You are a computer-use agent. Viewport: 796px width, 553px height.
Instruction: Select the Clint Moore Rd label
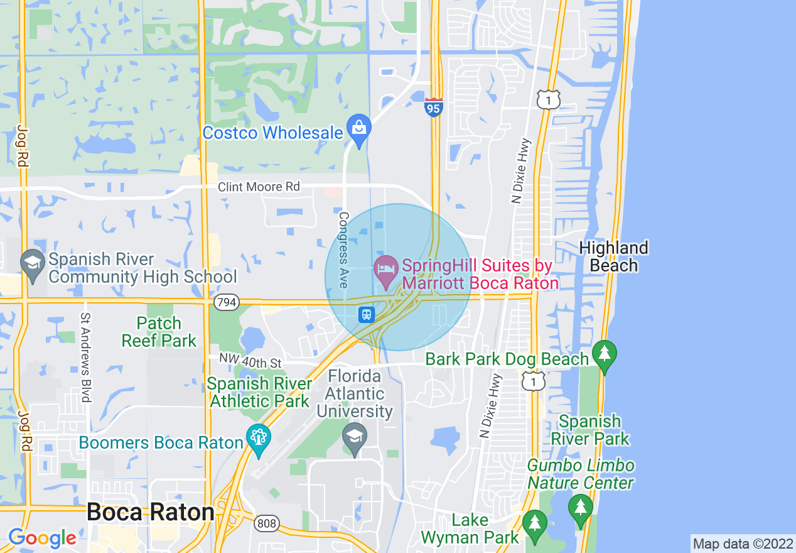click(259, 187)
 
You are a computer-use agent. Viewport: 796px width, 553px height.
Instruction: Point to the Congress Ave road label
click(343, 249)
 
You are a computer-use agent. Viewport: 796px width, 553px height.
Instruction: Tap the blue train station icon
click(366, 314)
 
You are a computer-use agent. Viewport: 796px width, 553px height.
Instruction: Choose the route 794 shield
click(226, 303)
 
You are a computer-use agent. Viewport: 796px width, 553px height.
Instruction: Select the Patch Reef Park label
click(160, 332)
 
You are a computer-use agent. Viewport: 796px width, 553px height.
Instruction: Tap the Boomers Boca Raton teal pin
click(258, 438)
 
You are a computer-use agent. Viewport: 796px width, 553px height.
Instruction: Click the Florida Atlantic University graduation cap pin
click(355, 434)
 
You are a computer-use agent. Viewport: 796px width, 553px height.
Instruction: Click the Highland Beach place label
click(613, 256)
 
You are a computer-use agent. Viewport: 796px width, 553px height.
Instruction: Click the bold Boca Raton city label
click(151, 512)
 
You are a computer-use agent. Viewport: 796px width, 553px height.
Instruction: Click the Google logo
click(42, 538)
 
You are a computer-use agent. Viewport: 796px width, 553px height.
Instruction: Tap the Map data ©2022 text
click(743, 543)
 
